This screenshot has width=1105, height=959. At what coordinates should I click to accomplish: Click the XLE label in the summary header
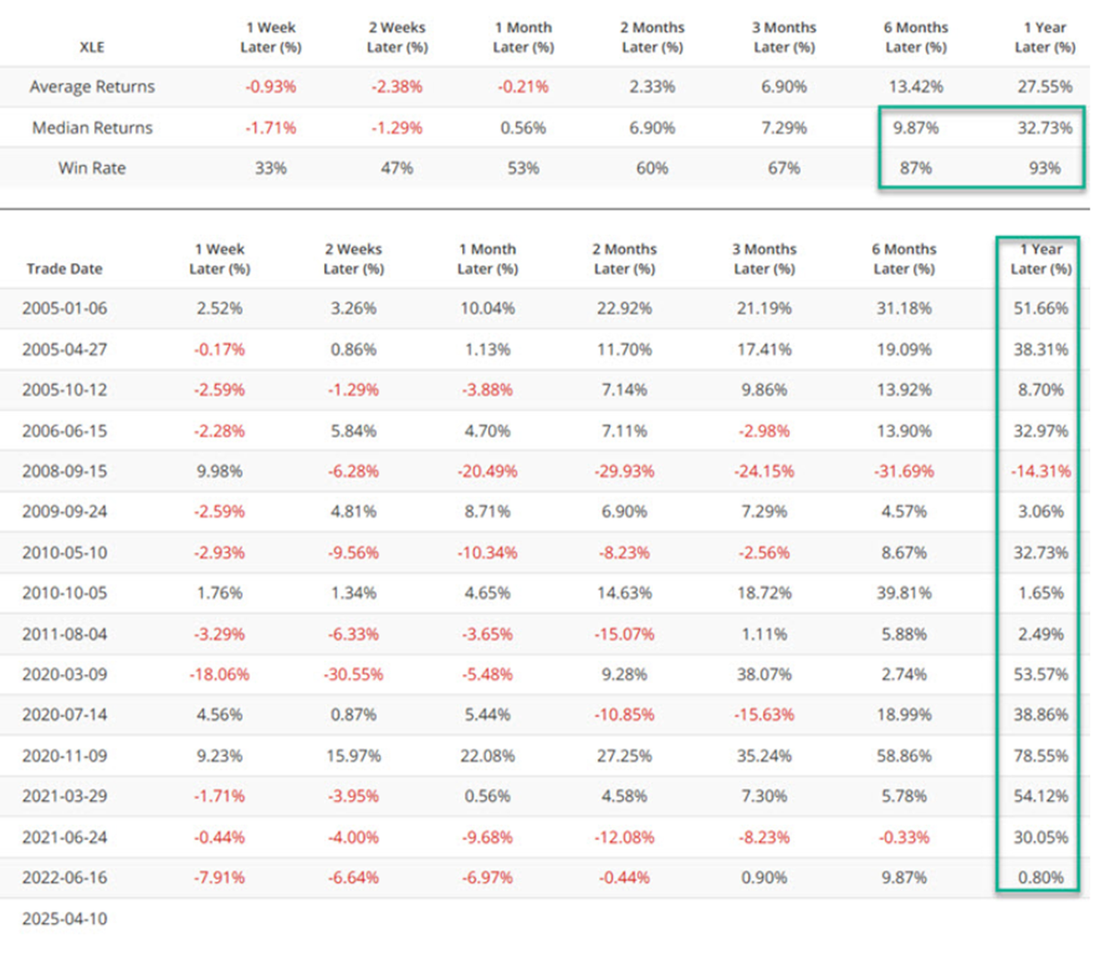coord(91,47)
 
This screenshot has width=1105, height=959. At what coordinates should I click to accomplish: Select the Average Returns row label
coord(91,87)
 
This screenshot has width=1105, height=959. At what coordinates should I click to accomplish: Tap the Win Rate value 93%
coord(1044,168)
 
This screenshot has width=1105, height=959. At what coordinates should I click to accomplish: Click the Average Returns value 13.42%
coord(915,87)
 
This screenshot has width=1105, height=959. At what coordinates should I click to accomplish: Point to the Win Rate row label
coord(91,168)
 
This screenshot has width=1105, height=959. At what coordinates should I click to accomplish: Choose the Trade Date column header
coord(64,269)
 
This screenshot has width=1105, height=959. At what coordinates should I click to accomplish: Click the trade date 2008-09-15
coord(64,471)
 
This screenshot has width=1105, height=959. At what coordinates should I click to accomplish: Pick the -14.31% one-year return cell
coord(1041,471)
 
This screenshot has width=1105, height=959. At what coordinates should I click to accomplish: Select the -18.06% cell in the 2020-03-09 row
coord(219,674)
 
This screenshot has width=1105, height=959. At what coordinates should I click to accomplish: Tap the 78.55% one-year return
coord(1041,756)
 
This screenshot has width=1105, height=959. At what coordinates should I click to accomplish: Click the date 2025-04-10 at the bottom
coord(64,919)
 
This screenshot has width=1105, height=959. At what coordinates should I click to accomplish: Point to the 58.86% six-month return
coord(904,756)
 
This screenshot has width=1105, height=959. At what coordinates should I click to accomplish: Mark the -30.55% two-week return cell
coord(354,674)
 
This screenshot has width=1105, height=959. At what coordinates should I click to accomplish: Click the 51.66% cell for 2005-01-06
coord(1041,308)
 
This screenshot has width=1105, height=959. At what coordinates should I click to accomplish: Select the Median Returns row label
coord(91,128)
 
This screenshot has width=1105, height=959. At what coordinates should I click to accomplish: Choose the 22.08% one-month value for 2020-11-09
coord(487,756)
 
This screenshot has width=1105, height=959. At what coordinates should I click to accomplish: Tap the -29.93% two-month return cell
coord(624,471)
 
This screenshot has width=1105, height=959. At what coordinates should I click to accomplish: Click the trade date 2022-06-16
coord(64,878)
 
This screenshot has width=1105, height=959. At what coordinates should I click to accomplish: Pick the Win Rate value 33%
coord(270,168)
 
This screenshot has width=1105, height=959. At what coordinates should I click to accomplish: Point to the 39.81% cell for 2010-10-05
coord(904,593)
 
